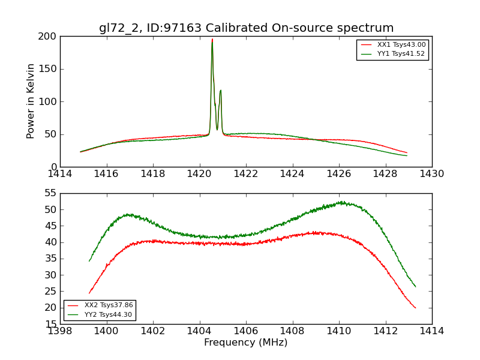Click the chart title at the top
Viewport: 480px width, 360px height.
[x=246, y=28]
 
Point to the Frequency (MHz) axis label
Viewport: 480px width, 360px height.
[x=246, y=343]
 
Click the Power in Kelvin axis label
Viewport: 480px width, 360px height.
[x=31, y=101]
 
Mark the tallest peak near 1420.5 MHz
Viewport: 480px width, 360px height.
[x=212, y=40]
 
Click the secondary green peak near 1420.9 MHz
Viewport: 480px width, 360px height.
[x=220, y=91]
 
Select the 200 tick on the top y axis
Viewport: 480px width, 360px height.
[x=49, y=37]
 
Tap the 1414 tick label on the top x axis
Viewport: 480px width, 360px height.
[x=60, y=174]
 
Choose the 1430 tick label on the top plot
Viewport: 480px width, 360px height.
[x=431, y=174]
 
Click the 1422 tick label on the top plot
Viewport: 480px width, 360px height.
[x=246, y=174]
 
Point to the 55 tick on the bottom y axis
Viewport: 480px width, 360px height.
[x=50, y=193]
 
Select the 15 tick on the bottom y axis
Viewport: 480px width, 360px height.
[x=50, y=324]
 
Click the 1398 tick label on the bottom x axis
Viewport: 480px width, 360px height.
[x=60, y=331]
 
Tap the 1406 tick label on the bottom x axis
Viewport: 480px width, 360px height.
[x=246, y=331]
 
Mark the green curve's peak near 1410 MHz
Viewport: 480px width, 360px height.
[x=341, y=202]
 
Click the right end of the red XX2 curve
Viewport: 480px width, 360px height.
[x=415, y=308]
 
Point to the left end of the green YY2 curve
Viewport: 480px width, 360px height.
[x=89, y=261]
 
